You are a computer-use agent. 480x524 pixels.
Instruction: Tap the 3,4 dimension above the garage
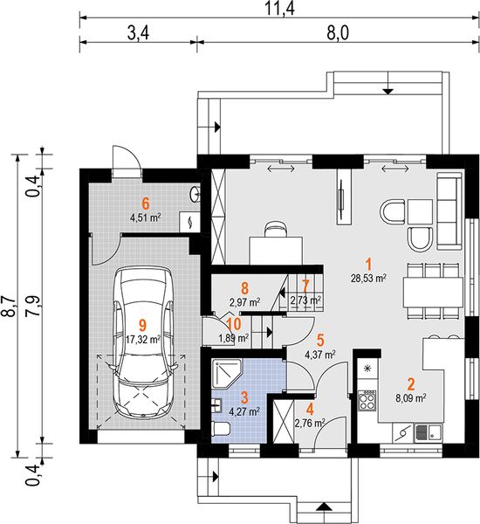(x=138, y=33)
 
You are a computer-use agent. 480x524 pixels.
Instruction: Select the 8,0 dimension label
(x=338, y=33)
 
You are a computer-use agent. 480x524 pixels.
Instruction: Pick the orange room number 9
(x=142, y=325)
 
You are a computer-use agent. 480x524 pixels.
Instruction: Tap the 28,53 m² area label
(x=369, y=278)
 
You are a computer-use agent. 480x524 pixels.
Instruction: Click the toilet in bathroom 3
(x=221, y=429)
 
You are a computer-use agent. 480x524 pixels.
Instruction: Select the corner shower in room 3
(x=227, y=374)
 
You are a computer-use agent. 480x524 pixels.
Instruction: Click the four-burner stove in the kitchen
(x=367, y=400)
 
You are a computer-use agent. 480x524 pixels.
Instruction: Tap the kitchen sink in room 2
(x=429, y=433)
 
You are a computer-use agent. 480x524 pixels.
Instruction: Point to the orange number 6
(x=145, y=203)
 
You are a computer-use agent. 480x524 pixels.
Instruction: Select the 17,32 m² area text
(x=143, y=340)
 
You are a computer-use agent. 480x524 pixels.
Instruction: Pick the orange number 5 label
(x=320, y=340)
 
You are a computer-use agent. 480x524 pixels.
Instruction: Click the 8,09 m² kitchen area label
(x=410, y=398)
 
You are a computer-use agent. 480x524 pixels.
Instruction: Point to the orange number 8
(x=245, y=287)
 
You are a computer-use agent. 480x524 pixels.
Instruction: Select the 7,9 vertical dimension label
(x=36, y=306)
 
